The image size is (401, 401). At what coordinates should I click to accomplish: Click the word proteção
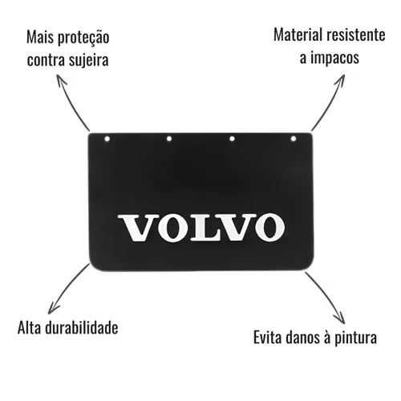coord(83,38)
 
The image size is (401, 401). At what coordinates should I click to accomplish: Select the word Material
coord(298,34)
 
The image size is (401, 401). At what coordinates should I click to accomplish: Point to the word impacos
coord(334,58)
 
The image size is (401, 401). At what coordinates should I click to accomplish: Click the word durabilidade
coord(82,327)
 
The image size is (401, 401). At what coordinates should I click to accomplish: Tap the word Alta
coord(30,327)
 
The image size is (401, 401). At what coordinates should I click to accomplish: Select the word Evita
coord(268,337)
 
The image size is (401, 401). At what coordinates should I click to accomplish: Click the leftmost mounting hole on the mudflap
coord(107,139)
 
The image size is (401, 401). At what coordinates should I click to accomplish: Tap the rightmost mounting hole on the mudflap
coord(294,139)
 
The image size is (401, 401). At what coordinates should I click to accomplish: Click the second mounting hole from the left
coord(169,139)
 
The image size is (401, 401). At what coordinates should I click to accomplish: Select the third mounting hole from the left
coord(232,139)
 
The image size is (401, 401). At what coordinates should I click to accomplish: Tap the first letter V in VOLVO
coord(139,228)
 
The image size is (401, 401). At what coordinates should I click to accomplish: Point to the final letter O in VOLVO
coord(269,227)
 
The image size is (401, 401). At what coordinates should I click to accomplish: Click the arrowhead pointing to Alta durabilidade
coord(53,308)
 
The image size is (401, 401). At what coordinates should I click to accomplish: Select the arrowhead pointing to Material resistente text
coord(340,80)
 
